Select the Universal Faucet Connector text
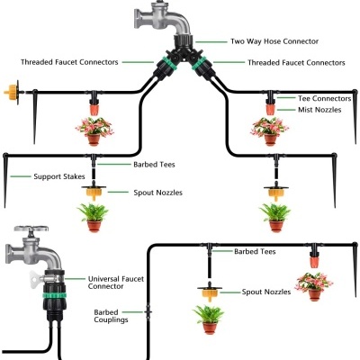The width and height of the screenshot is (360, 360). (x=117, y=283)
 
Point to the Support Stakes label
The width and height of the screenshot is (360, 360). (x=60, y=176)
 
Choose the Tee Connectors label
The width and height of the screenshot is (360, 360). (x=323, y=97)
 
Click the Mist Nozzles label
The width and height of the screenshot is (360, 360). (x=319, y=110)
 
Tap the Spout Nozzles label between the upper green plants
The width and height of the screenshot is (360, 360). (x=157, y=193)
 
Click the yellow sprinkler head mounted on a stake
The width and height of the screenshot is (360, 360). (x=12, y=91)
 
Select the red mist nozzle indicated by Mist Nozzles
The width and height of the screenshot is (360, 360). (x=269, y=108)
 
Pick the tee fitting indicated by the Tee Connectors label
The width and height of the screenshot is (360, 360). (x=269, y=93)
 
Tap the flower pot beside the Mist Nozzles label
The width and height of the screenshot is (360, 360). (x=269, y=132)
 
